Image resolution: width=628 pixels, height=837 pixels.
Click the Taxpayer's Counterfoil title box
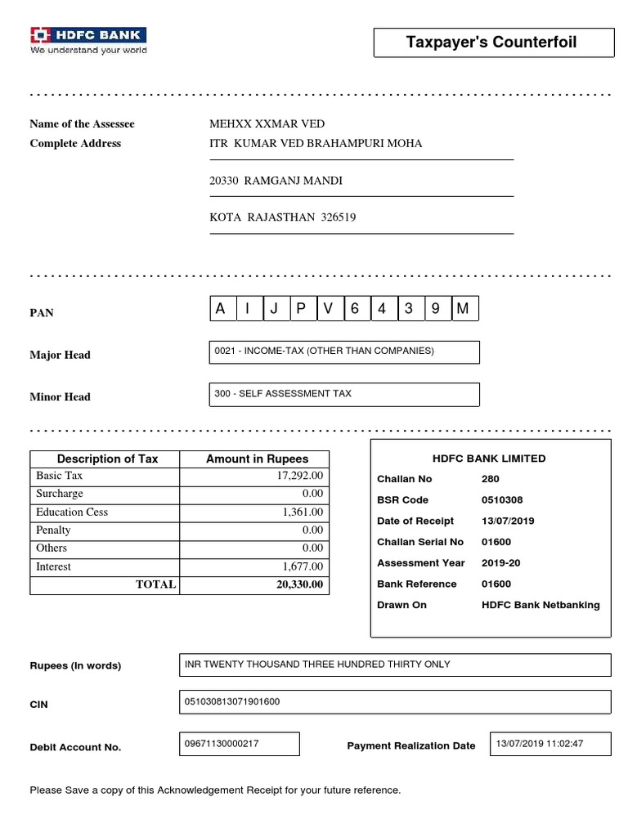click(493, 43)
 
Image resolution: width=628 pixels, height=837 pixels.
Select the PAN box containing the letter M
click(464, 309)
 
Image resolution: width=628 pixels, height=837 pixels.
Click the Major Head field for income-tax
click(345, 352)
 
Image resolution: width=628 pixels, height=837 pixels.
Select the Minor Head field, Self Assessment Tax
click(345, 395)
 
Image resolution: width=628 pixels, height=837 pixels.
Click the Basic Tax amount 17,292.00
click(300, 476)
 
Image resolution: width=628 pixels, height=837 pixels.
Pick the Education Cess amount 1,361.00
click(303, 512)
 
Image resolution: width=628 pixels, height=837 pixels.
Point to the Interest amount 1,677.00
click(303, 566)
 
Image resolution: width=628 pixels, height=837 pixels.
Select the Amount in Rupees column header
click(254, 459)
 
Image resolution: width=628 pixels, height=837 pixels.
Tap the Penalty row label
click(54, 530)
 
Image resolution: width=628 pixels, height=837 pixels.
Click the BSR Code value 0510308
click(502, 500)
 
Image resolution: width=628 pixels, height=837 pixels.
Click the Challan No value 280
click(491, 479)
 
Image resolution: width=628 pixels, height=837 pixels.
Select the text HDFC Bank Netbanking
click(541, 606)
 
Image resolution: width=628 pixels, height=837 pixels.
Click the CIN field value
click(394, 702)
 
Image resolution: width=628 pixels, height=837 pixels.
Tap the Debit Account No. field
click(239, 744)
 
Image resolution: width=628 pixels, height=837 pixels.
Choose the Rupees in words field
click(394, 665)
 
